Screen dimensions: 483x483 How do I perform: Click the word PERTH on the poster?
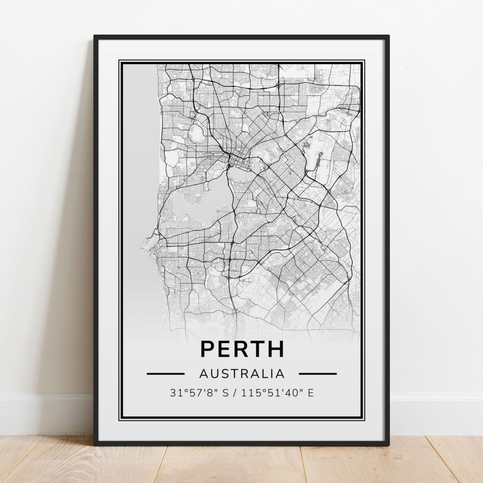click(x=241, y=349)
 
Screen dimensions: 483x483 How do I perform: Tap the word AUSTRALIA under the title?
click(x=241, y=373)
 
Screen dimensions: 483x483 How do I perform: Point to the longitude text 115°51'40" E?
click(x=277, y=393)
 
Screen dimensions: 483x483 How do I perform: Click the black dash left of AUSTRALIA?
click(x=165, y=373)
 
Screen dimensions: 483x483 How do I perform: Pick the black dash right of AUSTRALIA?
click(x=318, y=373)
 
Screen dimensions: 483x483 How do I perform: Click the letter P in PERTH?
click(x=207, y=349)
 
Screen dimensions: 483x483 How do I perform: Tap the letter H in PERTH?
click(x=275, y=349)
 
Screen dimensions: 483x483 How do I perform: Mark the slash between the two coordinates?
click(x=237, y=393)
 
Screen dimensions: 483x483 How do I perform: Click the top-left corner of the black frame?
click(x=95, y=37)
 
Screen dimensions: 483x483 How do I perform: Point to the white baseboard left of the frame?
click(x=45, y=407)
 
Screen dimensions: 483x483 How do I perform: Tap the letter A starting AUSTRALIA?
click(x=203, y=373)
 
